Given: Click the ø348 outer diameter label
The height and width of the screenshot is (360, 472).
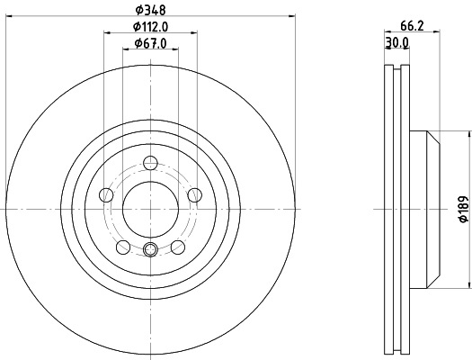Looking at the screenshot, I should pyautogui.click(x=150, y=11).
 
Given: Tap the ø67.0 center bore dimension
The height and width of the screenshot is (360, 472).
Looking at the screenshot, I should pyautogui.click(x=150, y=43).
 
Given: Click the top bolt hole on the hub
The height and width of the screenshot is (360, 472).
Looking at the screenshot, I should pyautogui.click(x=150, y=162).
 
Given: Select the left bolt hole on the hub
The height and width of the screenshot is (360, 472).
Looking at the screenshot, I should pyautogui.click(x=106, y=194).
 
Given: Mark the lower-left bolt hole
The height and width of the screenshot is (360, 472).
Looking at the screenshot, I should pyautogui.click(x=123, y=247).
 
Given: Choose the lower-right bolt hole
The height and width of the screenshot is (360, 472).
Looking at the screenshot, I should pyautogui.click(x=178, y=247).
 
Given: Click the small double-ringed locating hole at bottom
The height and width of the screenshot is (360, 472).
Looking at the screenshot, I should pyautogui.click(x=150, y=251).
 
